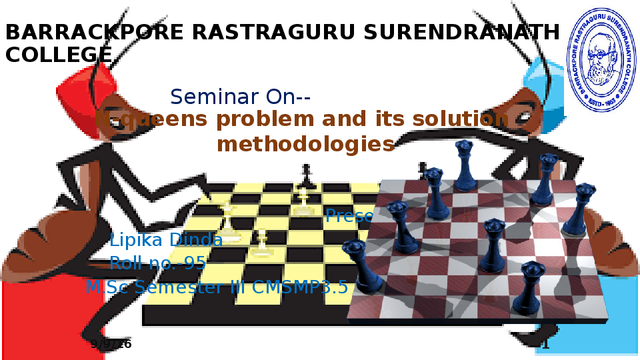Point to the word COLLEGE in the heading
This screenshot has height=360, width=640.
pos(59,55)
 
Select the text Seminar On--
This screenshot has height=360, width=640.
pos(241,97)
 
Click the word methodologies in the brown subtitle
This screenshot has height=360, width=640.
pos(306,143)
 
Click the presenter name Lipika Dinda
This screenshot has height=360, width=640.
pos(166,240)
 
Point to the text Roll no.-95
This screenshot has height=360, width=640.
pos(158,263)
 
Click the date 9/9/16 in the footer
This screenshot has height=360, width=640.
pos(111,344)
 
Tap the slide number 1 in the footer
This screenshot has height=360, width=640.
pos(545,345)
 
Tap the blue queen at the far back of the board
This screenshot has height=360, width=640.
pos(464,163)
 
